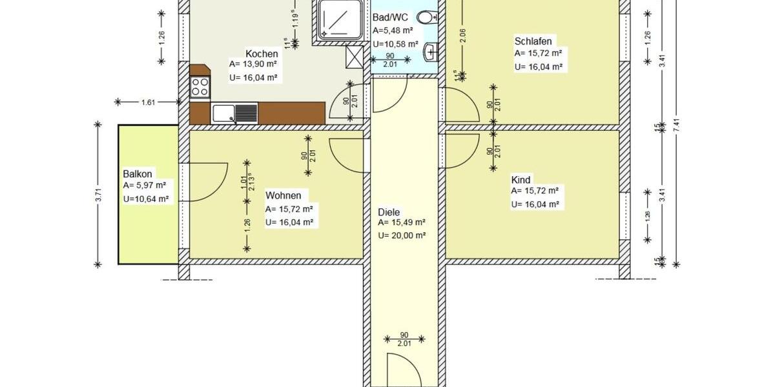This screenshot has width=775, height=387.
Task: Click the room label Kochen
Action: (262, 54)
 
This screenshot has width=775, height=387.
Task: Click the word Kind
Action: (521, 180)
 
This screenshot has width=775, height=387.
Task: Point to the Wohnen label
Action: (283, 195)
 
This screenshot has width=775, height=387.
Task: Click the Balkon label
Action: (138, 174)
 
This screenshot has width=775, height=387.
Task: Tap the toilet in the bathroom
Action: (426, 17)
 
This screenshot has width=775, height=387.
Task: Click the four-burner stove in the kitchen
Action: (200, 87)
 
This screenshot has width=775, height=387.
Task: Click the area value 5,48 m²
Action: (395, 31)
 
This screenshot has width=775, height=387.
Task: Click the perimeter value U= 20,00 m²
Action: (402, 236)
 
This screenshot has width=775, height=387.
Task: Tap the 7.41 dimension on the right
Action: (676, 129)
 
